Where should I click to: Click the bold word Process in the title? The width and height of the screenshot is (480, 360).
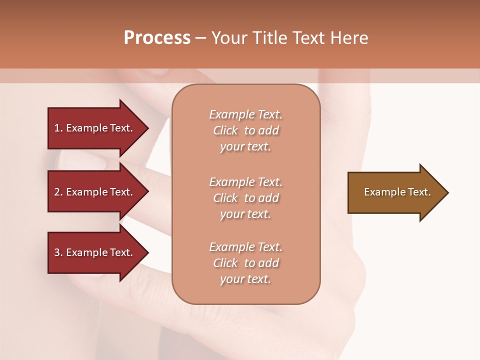click(156, 38)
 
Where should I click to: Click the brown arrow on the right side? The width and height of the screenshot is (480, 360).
click(395, 192)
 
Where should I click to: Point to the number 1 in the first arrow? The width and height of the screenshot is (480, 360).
click(57, 128)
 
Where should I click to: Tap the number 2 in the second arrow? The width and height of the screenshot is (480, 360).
click(57, 192)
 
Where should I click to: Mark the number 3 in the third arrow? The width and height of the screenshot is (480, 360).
click(57, 252)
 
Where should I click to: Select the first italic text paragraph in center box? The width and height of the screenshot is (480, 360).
click(245, 130)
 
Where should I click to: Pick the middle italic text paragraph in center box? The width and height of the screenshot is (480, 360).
click(245, 198)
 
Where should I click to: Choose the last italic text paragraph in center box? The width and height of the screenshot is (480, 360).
click(245, 263)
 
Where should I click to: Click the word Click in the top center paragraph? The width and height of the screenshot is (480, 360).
click(225, 130)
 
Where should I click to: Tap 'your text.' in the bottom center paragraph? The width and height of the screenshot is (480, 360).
click(245, 279)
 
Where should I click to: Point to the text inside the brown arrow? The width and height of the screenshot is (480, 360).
click(397, 192)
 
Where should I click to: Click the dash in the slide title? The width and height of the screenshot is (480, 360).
click(200, 38)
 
